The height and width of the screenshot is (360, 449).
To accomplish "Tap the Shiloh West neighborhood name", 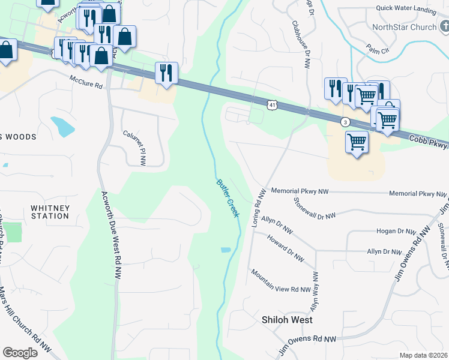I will pos(287,320).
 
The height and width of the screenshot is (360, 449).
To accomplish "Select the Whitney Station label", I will pos(50,212).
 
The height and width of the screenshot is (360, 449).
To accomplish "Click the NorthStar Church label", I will pos(404,27).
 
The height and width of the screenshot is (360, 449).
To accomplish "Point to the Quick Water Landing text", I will pos(406,8).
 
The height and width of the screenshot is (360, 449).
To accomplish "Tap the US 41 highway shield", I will pos(272,105).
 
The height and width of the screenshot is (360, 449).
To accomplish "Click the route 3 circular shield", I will pos(345,122).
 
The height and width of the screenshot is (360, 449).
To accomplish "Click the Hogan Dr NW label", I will pos(396,231).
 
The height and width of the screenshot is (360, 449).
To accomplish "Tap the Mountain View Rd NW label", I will pos(281,281).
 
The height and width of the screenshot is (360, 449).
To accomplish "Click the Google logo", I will pos(20,353).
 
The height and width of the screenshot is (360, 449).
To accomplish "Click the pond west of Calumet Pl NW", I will pos(62,126).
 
